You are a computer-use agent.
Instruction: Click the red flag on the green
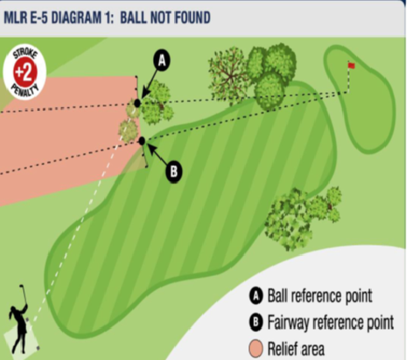pos(351,65)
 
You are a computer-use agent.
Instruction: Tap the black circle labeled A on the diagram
pos(162,61)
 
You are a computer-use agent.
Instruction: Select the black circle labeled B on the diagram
pos(174,172)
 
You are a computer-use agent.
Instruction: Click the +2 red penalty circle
pos(25,72)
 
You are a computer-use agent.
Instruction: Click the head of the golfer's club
pos(21,286)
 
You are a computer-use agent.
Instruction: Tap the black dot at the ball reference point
pos(137,104)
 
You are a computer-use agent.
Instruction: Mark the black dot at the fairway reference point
pos(141,141)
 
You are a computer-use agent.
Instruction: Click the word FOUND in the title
pos(192,18)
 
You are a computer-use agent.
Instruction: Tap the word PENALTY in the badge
pos(25,90)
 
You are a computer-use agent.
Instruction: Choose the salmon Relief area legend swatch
pos(256,348)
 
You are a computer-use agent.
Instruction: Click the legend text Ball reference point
pos(320,296)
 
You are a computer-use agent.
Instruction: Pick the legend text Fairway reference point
pos(331,322)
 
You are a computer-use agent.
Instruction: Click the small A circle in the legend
pos(256,296)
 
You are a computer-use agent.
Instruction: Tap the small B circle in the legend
pos(256,322)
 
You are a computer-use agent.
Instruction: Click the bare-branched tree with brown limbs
pos(228,76)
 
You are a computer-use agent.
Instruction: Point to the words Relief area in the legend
pos(296,348)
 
